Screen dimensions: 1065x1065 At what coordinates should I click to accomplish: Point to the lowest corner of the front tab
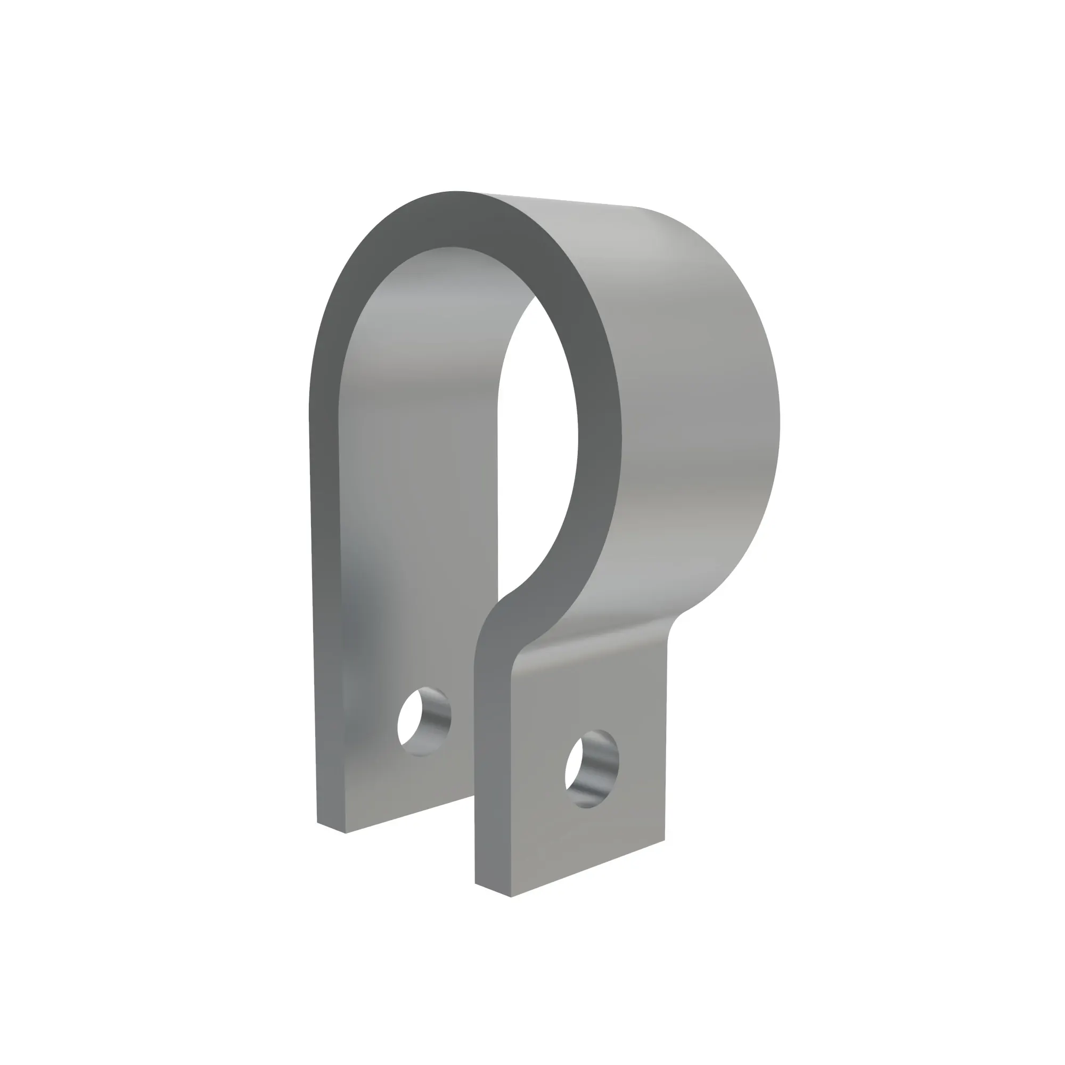pos(511,897)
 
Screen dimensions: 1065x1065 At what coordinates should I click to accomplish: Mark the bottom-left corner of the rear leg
pos(318,823)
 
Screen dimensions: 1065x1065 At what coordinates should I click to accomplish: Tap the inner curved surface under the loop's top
pos(441,309)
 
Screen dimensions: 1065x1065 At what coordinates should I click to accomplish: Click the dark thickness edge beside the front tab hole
pos(492,772)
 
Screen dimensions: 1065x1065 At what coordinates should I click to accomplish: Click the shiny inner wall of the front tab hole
pos(601,772)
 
